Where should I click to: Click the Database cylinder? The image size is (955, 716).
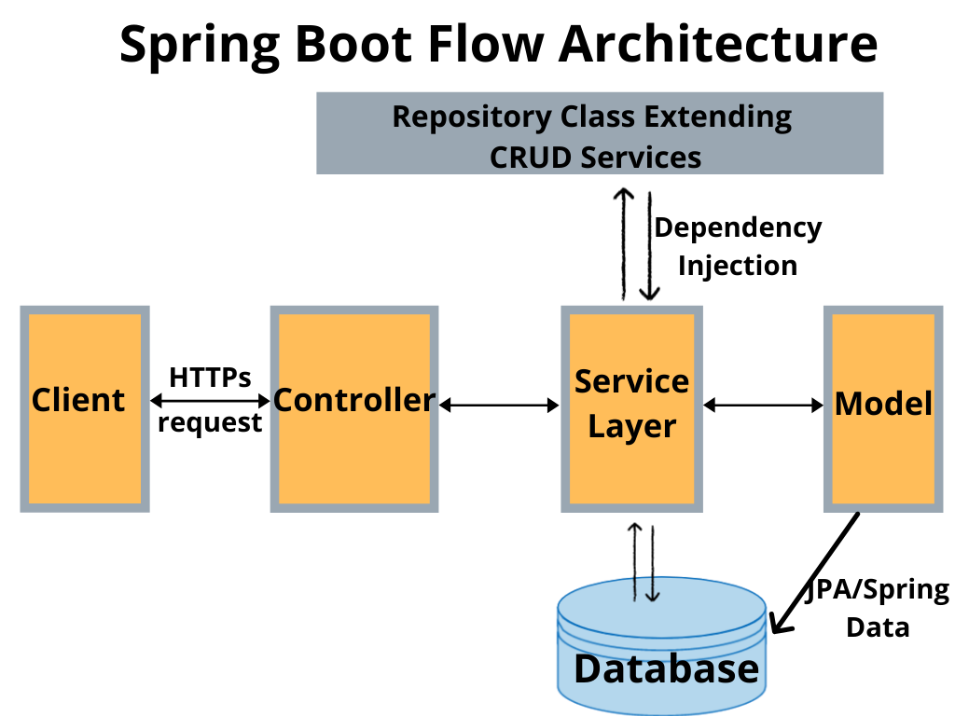662,653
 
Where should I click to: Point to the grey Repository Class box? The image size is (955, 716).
600,133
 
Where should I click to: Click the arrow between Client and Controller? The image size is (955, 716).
210,401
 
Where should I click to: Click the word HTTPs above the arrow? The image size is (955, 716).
210,378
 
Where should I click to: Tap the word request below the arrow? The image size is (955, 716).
210,422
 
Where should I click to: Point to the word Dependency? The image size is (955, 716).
738,228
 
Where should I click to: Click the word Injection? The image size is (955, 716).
738,266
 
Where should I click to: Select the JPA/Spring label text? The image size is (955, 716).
877,590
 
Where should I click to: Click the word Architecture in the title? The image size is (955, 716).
720,44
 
